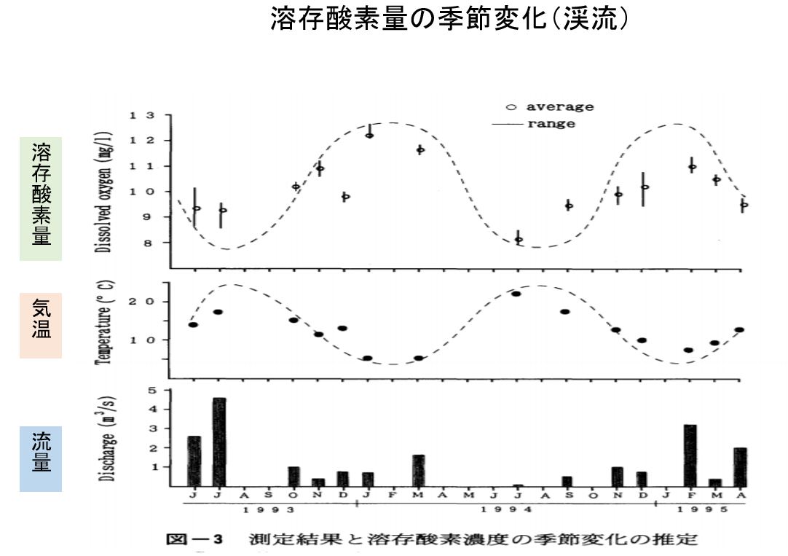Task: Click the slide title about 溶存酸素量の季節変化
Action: [x=449, y=20]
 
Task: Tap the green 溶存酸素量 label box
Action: [x=41, y=198]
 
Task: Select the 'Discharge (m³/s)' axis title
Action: [x=104, y=439]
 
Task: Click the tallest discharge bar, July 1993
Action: [x=219, y=442]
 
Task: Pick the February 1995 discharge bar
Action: [x=690, y=455]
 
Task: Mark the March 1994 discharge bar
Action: [x=419, y=470]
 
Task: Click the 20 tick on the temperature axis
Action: [x=142, y=302]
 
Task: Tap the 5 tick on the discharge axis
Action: [x=152, y=390]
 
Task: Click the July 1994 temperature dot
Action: [x=516, y=294]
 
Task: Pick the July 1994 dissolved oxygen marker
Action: [x=519, y=239]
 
